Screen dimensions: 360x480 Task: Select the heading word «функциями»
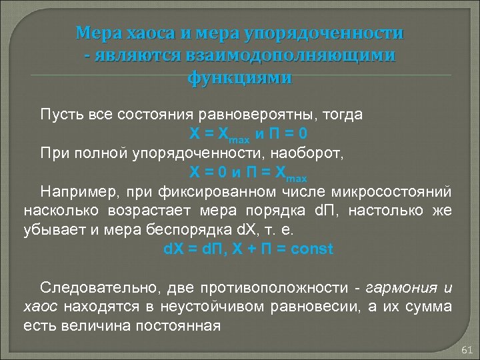coord(239,78)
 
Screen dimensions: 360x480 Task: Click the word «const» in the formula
coord(311,250)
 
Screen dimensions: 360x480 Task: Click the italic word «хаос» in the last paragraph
coord(39,307)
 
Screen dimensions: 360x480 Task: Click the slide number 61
coord(466,350)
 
